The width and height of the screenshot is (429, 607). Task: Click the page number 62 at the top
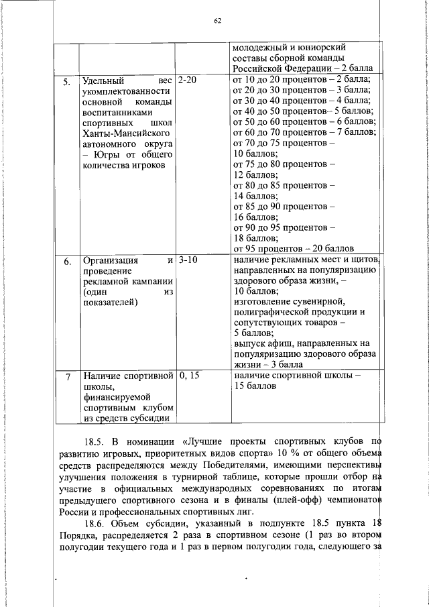tap(217, 21)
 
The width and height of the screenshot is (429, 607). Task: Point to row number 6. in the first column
tap(66, 262)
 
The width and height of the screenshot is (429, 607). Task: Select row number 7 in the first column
tap(67, 378)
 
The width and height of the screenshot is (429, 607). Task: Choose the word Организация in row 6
tap(110, 260)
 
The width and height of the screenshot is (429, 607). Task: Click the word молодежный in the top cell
tap(261, 48)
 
